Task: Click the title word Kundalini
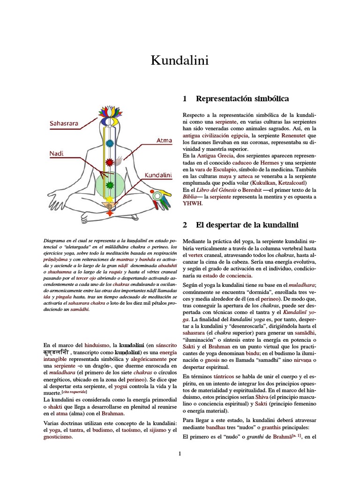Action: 180,61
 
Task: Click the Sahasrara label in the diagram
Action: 64,124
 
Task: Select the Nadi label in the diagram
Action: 56,153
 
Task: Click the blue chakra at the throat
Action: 110,143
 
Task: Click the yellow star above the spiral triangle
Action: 110,198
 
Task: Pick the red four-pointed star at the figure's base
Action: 110,213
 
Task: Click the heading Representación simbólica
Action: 242,98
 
